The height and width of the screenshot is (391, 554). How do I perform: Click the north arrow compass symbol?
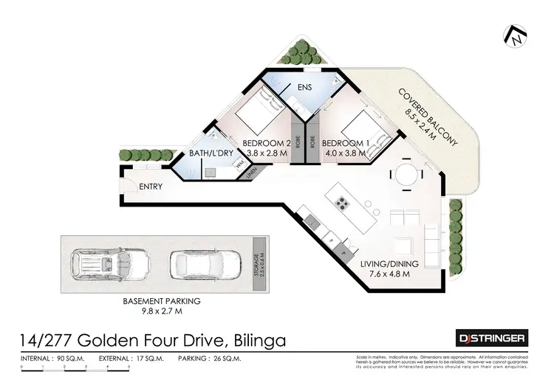[517, 35]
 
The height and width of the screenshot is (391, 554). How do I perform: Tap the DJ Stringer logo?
[493, 339]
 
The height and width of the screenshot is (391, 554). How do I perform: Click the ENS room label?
[305, 88]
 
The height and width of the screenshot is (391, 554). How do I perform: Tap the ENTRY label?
[151, 187]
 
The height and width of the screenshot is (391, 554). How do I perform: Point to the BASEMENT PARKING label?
[162, 302]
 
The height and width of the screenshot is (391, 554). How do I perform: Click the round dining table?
[407, 175]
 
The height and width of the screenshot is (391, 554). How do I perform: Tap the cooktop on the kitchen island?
[343, 201]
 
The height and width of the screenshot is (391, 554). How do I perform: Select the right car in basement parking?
[204, 263]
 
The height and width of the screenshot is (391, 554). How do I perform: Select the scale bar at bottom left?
[74, 367]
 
